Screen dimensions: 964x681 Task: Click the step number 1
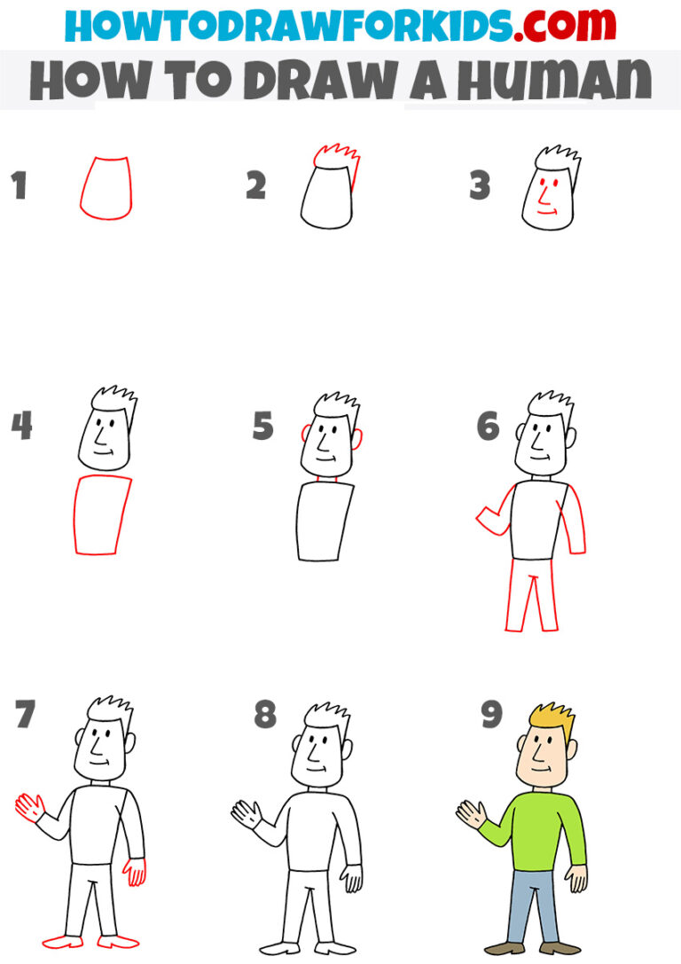[x=19, y=186]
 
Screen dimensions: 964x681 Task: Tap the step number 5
[x=262, y=426]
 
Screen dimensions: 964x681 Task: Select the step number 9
[x=492, y=714]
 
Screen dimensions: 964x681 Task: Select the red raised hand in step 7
[x=29, y=807]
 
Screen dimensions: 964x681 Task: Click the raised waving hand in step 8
[x=246, y=812]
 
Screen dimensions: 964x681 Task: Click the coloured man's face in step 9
[x=540, y=758]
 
